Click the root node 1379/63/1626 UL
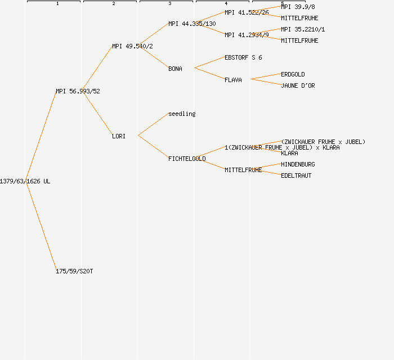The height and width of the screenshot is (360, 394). click(25, 181)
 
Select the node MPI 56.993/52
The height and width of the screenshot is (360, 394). click(78, 91)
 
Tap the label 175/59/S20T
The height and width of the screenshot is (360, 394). click(74, 271)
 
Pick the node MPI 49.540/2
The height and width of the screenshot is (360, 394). click(132, 46)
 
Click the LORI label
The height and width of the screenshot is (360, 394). click(119, 136)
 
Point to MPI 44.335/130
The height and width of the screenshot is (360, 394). click(192, 24)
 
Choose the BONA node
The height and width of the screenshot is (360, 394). click(175, 69)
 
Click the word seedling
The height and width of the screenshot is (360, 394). click(182, 114)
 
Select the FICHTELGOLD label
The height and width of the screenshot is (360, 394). click(187, 159)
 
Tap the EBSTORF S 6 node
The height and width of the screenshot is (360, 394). click(243, 57)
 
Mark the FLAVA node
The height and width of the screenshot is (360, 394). click(233, 80)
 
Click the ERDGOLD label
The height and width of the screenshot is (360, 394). click(293, 74)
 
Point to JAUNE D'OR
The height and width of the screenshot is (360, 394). click(298, 85)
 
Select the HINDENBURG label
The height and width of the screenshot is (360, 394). click(298, 164)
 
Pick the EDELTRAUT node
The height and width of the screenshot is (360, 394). click(296, 175)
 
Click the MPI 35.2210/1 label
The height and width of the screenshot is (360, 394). click(303, 29)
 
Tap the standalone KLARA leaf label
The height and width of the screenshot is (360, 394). click(289, 153)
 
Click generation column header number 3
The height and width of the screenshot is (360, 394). click(169, 4)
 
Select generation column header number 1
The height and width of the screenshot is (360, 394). click(57, 4)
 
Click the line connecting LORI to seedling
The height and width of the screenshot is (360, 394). click(153, 125)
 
